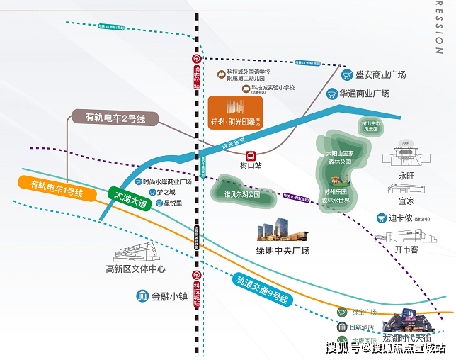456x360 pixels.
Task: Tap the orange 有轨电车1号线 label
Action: click(57, 189)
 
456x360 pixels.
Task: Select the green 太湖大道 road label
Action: click(128, 198)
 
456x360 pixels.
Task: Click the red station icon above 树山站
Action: click(250, 155)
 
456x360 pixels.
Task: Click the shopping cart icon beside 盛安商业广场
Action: click(347, 74)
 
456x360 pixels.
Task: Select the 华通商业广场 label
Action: click(364, 93)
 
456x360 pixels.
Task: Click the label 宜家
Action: click(406, 201)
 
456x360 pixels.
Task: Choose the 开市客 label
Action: click(406, 249)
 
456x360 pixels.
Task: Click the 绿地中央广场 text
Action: click(283, 250)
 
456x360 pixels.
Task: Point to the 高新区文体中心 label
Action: click(135, 269)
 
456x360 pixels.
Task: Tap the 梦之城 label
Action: click(166, 191)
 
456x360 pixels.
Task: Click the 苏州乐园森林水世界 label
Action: click(336, 196)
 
